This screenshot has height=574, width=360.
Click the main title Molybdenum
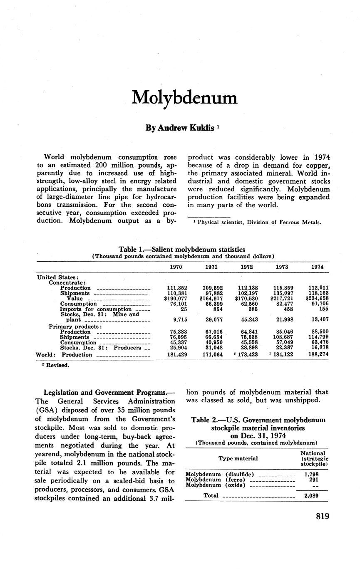(x=184, y=98)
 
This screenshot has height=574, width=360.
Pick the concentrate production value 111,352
(x=176, y=288)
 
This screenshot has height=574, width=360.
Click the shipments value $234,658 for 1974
(x=317, y=299)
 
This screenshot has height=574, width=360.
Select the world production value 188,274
(x=317, y=355)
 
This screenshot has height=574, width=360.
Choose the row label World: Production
(x=64, y=355)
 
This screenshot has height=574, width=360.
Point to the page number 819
(x=323, y=516)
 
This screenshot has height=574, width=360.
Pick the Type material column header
(x=238, y=458)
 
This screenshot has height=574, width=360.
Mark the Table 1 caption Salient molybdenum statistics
(x=182, y=250)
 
